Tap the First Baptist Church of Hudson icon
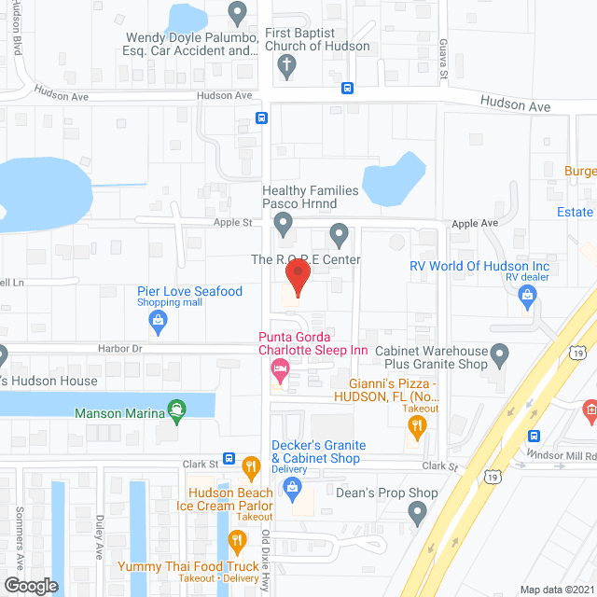[x=287, y=66]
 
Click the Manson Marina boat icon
[x=175, y=409]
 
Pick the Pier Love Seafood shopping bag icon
[x=159, y=322]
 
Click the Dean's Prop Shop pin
[x=417, y=511]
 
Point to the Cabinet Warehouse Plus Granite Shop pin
[x=499, y=354]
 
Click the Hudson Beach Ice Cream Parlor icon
[x=250, y=466]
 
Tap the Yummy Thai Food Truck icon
[x=237, y=540]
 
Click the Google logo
[x=30, y=585]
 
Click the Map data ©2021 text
[x=556, y=590]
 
